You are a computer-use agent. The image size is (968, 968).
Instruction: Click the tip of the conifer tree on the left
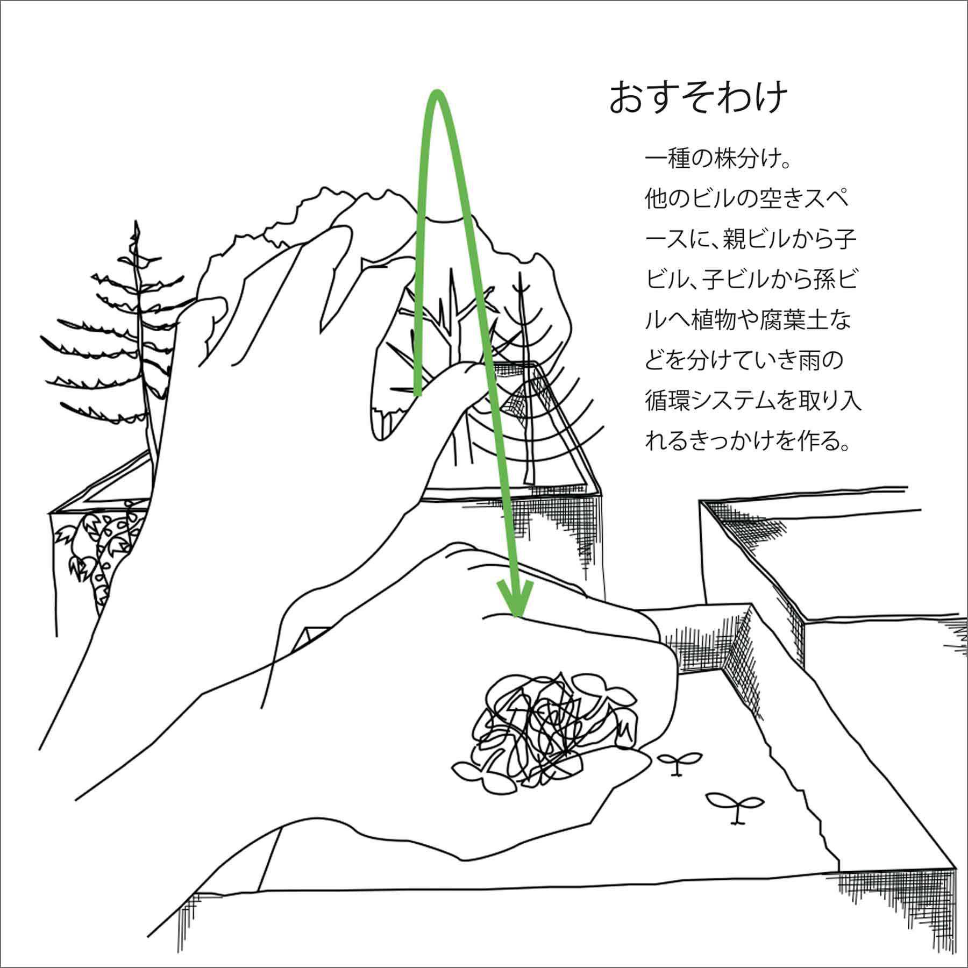(137, 221)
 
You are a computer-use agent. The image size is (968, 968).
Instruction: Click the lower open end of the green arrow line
(417, 394)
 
